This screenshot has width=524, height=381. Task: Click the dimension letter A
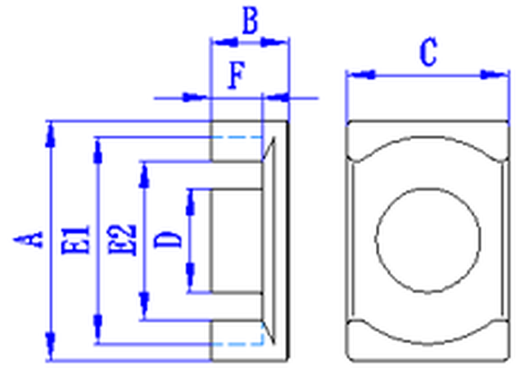(29, 239)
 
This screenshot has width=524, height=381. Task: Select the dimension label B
(251, 20)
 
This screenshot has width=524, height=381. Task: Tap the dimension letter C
(428, 52)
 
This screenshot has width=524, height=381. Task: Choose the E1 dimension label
(76, 240)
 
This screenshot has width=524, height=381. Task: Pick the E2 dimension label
(122, 240)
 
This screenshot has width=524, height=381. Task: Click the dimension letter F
(237, 75)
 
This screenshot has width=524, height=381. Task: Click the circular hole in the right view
(428, 240)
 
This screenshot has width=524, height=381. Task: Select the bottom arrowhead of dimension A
(51, 347)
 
